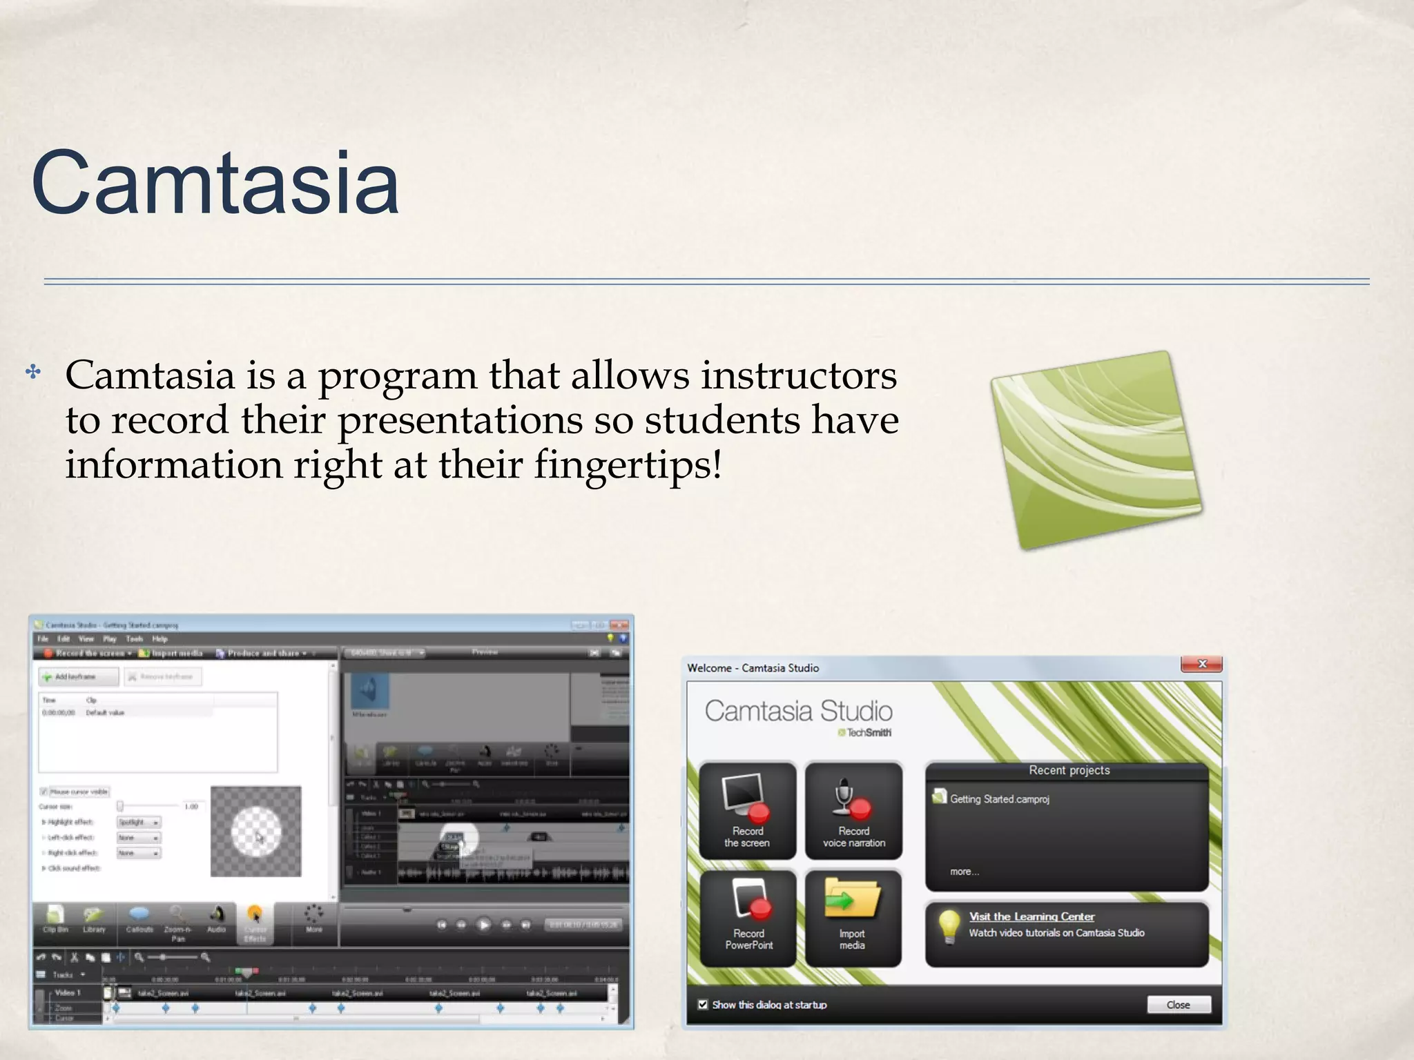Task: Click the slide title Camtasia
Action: pos(215,184)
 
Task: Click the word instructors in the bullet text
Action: pos(799,376)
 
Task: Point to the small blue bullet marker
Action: pos(33,373)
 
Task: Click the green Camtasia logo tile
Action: pos(1096,450)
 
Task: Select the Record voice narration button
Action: pos(854,810)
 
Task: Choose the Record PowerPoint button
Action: pos(748,918)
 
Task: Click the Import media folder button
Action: pos(853,918)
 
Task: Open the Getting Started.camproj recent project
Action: pos(999,799)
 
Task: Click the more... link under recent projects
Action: pos(964,872)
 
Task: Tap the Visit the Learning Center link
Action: pos(1032,916)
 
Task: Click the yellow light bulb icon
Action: pos(949,925)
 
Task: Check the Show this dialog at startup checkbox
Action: pos(703,1004)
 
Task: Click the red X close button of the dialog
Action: pos(1201,664)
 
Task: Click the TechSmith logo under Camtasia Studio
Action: pos(865,733)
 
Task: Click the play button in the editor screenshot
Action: pos(484,925)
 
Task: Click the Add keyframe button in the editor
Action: pos(77,676)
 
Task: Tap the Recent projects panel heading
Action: pos(1069,770)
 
